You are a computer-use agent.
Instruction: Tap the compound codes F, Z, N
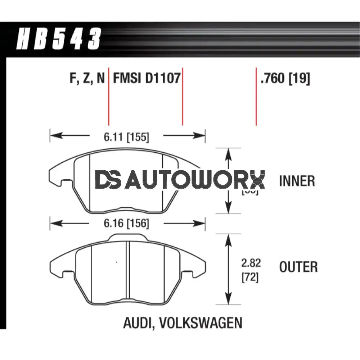(x=87, y=78)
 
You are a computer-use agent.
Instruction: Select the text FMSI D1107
(x=147, y=78)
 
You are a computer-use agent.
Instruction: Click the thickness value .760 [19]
(x=285, y=78)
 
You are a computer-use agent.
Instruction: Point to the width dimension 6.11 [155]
(x=126, y=136)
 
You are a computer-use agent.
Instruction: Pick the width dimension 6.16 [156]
(x=126, y=224)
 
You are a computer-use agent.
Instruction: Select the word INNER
(x=297, y=181)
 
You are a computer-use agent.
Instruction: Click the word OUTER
(x=298, y=267)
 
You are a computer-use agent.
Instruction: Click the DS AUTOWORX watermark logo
(x=180, y=180)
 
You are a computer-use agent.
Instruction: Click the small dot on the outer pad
(x=117, y=262)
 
